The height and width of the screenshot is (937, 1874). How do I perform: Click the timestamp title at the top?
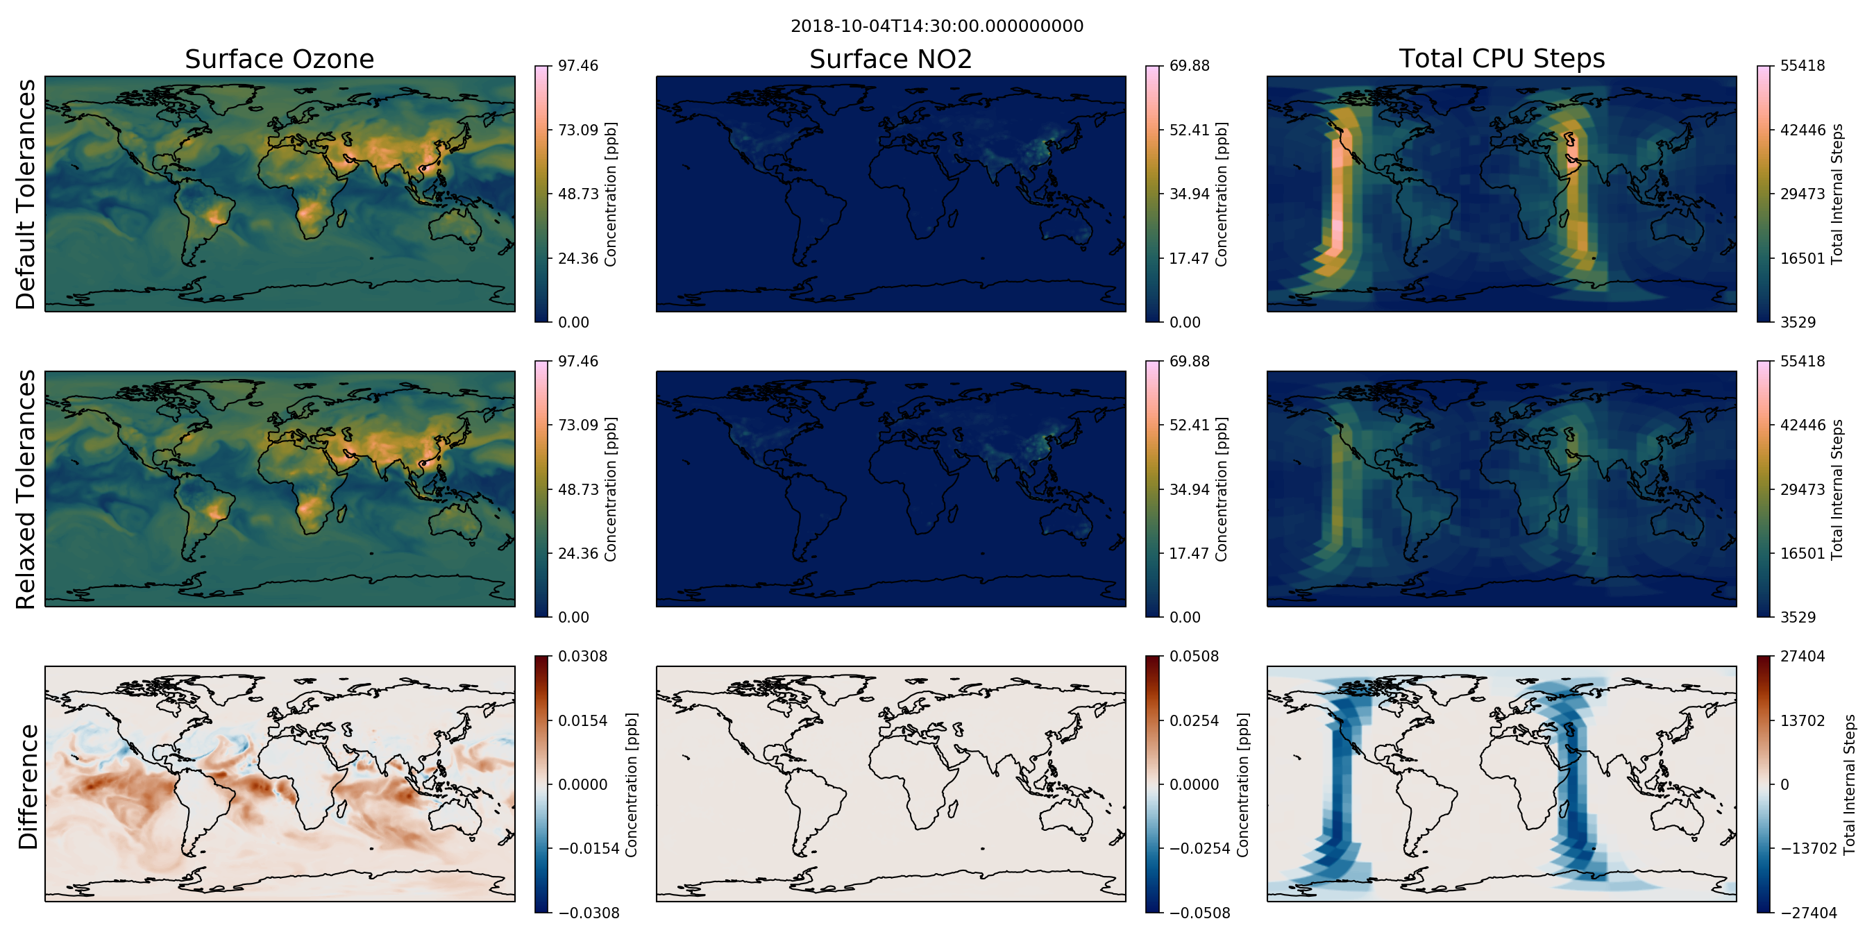937,26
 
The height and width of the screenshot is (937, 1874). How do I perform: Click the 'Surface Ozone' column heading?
279,59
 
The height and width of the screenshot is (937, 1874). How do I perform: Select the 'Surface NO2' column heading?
890,59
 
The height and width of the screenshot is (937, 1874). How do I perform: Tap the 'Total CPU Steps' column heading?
1501,58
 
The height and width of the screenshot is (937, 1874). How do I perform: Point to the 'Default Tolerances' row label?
26,194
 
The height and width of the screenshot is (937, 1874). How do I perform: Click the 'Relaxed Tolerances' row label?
26,489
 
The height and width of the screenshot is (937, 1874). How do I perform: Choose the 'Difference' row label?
28,786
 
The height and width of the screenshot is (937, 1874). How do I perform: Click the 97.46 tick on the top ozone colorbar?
577,65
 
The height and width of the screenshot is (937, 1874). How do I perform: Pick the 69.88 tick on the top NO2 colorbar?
1190,65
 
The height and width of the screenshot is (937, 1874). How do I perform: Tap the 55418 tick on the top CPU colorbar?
1802,65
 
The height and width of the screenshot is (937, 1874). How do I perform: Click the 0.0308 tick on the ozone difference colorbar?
582,656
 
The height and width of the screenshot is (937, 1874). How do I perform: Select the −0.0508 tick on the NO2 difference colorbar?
1199,913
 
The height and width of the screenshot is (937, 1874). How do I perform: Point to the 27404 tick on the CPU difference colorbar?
1802,656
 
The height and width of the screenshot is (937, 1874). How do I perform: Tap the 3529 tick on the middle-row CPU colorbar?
1798,618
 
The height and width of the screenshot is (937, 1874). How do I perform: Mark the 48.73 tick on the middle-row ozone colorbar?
577,489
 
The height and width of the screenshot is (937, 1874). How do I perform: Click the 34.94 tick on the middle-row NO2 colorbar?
1190,489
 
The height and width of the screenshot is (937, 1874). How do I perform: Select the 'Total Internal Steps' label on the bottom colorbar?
1850,784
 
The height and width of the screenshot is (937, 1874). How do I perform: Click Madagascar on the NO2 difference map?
950,812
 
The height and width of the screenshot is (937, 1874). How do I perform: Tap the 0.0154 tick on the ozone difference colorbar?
582,721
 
